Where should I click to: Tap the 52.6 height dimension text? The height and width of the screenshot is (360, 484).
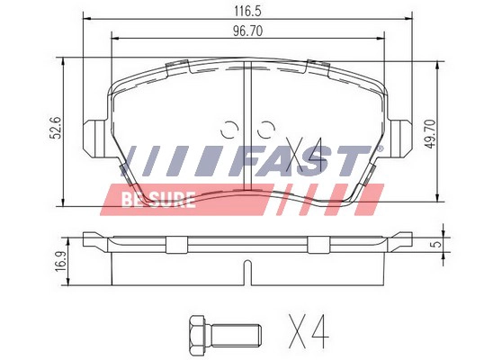tap(55, 130)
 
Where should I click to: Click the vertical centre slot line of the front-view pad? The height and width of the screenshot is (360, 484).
tap(246, 103)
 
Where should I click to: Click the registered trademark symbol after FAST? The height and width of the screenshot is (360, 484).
tap(381, 148)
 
